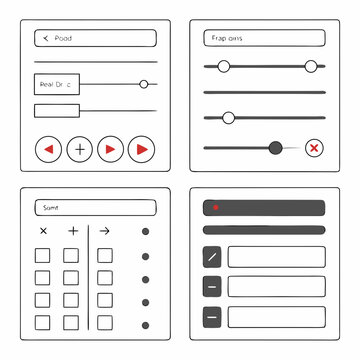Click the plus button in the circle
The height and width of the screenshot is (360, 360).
pyautogui.click(x=79, y=149)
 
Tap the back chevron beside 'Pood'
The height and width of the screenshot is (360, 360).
pyautogui.click(x=44, y=38)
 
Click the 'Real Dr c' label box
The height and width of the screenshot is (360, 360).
pyautogui.click(x=57, y=85)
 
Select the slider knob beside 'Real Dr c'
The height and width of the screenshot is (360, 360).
pyautogui.click(x=144, y=85)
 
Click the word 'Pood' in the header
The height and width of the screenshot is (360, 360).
pyautogui.click(x=63, y=38)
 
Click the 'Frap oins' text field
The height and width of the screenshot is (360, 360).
pyautogui.click(x=264, y=38)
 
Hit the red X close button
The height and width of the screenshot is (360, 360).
pyautogui.click(x=314, y=148)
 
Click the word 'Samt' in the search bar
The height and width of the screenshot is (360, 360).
pyautogui.click(x=50, y=208)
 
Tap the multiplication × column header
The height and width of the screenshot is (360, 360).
pyautogui.click(x=43, y=231)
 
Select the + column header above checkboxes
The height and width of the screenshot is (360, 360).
pyautogui.click(x=72, y=231)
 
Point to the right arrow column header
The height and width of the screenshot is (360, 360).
pyautogui.click(x=104, y=231)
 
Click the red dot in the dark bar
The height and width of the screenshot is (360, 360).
pyautogui.click(x=216, y=208)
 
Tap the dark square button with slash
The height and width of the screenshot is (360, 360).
pyautogui.click(x=212, y=256)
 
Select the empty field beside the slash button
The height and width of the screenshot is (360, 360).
pyautogui.click(x=276, y=256)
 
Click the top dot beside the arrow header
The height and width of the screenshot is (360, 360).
pyautogui.click(x=146, y=232)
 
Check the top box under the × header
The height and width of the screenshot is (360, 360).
pyautogui.click(x=43, y=255)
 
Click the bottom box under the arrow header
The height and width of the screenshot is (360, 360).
pyautogui.click(x=104, y=323)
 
